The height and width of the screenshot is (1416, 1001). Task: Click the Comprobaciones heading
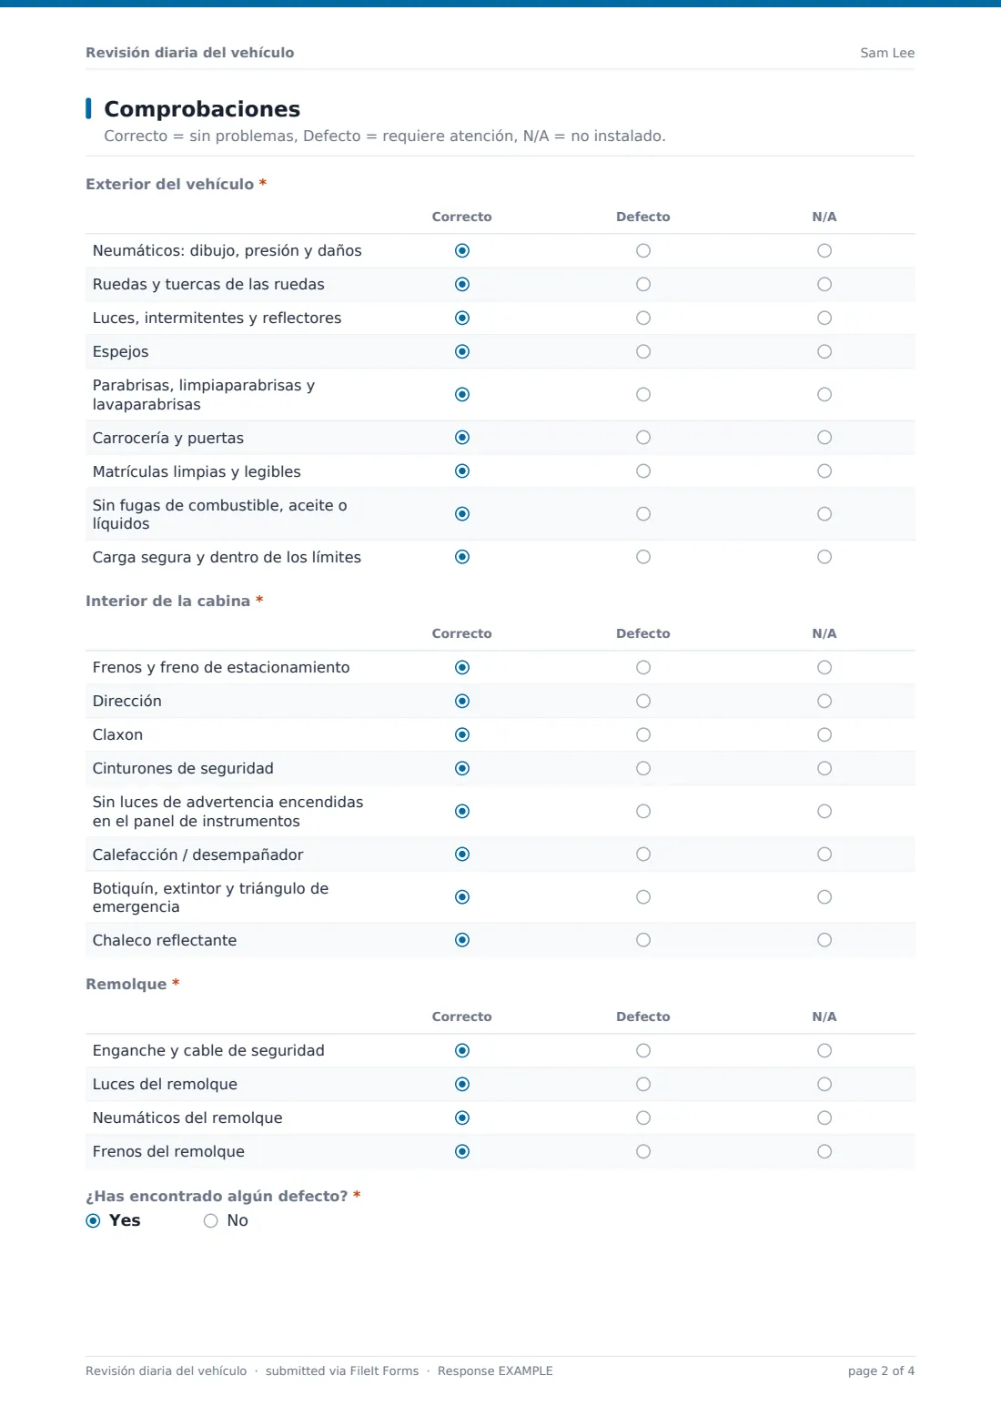pos(202,108)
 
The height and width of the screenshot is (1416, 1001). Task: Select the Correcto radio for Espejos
pos(462,351)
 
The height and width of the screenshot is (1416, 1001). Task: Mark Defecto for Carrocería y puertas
pos(642,438)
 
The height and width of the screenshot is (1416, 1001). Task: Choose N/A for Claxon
pos(824,734)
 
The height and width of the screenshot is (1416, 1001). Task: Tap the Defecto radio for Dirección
pos(642,701)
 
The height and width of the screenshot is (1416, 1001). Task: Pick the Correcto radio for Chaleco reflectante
pos(462,940)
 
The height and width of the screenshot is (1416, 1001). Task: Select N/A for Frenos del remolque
pos(824,1151)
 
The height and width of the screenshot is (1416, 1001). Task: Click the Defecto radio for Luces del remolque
pos(642,1084)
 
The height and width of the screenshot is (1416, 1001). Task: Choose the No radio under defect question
pos(210,1220)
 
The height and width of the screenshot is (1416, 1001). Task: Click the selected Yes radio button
pos(93,1220)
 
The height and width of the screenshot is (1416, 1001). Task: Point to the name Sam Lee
pos(887,53)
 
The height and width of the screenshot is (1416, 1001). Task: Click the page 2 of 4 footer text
pos(881,1370)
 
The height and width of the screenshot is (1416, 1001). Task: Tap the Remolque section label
pos(126,984)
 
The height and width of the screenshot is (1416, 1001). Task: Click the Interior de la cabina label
pos(168,601)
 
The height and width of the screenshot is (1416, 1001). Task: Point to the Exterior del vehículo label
pos(170,184)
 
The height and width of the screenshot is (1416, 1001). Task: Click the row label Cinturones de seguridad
pos(183,768)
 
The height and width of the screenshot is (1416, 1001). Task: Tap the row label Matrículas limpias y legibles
pos(197,471)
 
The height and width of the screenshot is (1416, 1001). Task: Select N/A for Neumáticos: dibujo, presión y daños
pos(824,251)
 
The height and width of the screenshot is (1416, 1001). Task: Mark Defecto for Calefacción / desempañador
pos(642,854)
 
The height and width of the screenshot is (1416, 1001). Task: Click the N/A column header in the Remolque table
pos(824,1016)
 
